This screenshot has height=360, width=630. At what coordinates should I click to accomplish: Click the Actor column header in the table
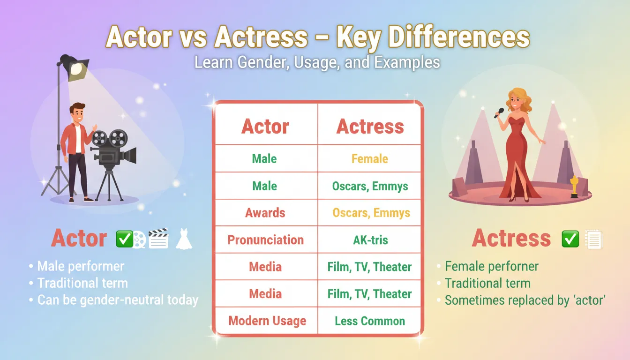click(x=265, y=127)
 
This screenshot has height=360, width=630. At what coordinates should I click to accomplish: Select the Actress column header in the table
click(x=370, y=127)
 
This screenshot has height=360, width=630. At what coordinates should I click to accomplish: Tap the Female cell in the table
click(x=370, y=159)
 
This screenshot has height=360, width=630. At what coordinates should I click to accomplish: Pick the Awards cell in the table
click(x=265, y=213)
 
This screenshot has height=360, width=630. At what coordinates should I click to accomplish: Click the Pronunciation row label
click(x=265, y=240)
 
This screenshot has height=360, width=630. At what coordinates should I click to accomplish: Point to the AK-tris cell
click(x=370, y=240)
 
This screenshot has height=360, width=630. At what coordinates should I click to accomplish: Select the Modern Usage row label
click(x=267, y=321)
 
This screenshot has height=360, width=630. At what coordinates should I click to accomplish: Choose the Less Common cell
click(x=370, y=321)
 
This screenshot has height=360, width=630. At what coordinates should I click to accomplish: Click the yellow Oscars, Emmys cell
click(x=371, y=213)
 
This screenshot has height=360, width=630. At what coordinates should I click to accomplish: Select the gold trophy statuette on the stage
click(x=574, y=186)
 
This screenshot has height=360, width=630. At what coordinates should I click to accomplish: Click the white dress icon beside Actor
click(x=184, y=239)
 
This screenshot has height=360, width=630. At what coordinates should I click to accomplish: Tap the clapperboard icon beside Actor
click(x=158, y=238)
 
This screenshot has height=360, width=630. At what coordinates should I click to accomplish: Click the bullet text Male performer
click(x=81, y=266)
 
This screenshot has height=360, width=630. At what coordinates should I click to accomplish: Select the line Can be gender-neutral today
click(x=118, y=300)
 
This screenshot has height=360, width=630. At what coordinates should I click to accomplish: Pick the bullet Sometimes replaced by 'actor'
click(x=525, y=300)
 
